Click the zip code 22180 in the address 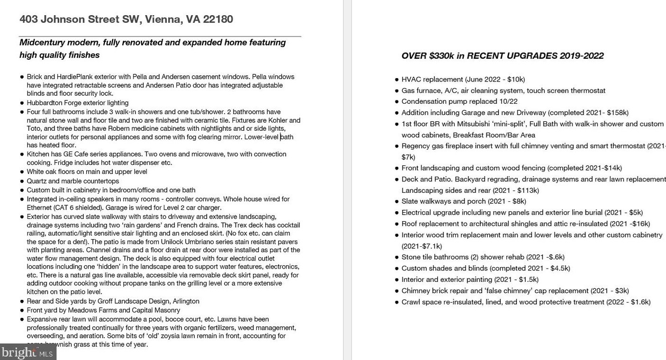tap(218, 19)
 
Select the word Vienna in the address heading tap(163, 19)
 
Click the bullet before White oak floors tap(22, 172)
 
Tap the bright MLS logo tap(27, 352)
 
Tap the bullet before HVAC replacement tap(396, 80)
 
